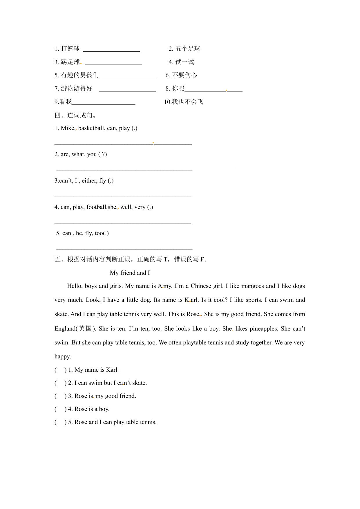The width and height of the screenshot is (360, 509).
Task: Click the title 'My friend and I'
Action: (130, 273)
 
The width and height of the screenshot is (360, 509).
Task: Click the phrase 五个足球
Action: (188, 49)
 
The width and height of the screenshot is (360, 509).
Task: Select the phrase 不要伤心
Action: (184, 75)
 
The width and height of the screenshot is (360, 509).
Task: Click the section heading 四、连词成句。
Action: (75, 115)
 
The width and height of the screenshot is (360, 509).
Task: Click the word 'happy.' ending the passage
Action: (63, 356)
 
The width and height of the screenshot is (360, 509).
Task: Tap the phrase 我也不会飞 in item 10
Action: (187, 102)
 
